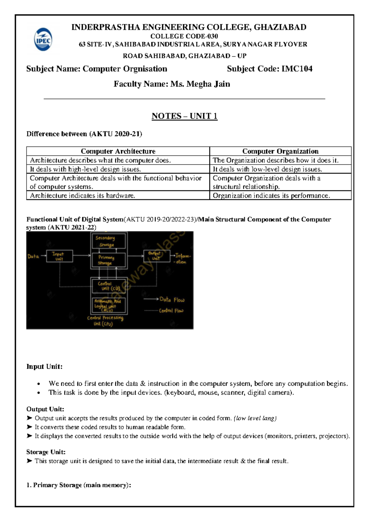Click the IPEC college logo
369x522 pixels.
pos(43,40)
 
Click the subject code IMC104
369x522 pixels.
pos(297,69)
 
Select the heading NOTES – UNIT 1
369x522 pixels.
pos(184,116)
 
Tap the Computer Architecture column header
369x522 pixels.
pos(118,151)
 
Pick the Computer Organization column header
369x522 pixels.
pos(280,151)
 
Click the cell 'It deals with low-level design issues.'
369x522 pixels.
pos(267,169)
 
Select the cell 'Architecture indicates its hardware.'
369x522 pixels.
pos(82,195)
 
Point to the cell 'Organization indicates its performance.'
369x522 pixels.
pos(271,195)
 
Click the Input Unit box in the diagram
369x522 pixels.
pos(59,256)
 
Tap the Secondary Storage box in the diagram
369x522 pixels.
pos(109,241)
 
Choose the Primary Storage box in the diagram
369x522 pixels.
pos(109,260)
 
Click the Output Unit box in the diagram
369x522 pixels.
pos(157,255)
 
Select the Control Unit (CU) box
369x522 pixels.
pos(109,286)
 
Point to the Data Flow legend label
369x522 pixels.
pos(172,299)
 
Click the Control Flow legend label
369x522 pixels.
pos(171,311)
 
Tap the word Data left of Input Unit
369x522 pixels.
pos(33,256)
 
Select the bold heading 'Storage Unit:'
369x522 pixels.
pos(46,452)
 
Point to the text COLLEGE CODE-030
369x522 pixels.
pos(184,36)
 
